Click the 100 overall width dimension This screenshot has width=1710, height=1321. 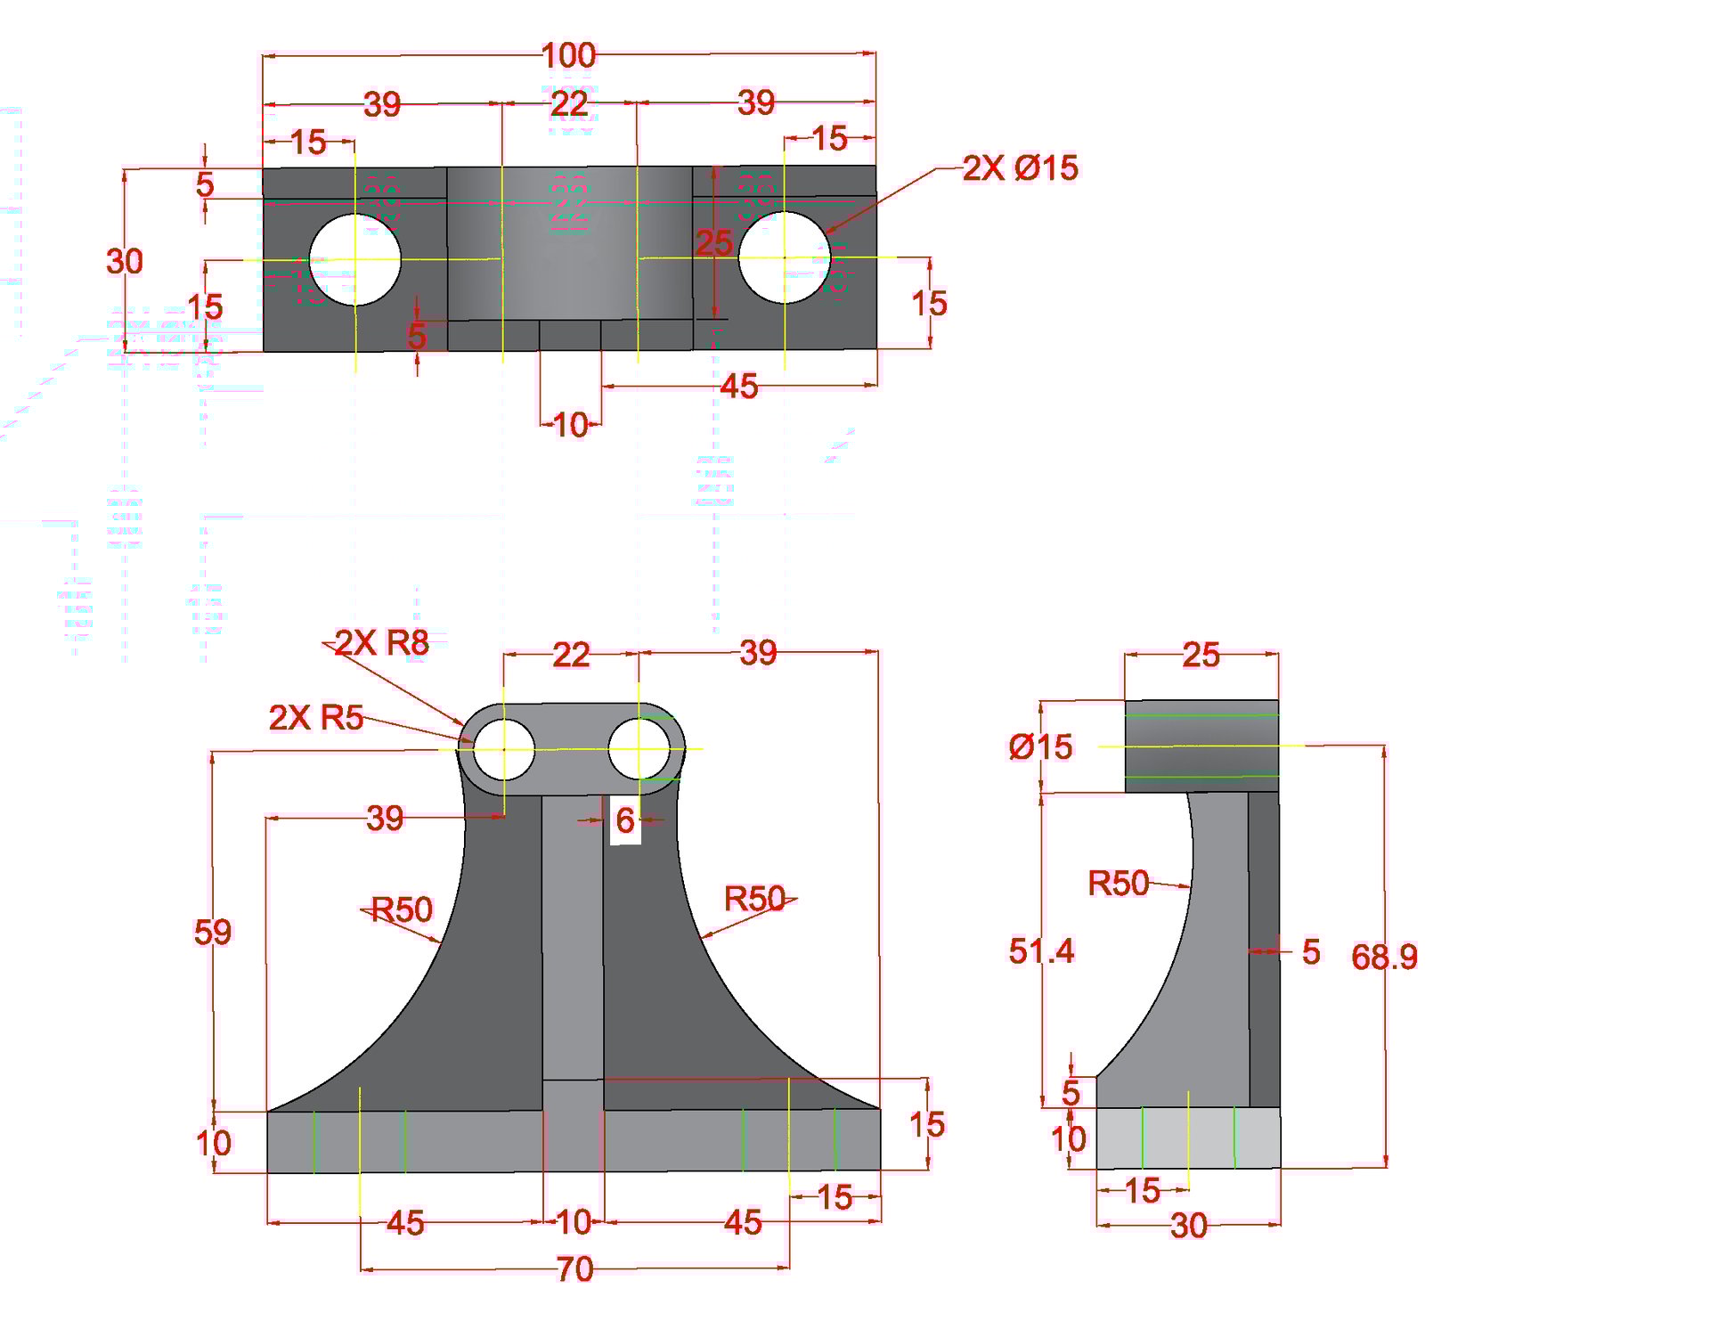coord(569,56)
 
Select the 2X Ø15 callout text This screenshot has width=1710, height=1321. coord(1020,167)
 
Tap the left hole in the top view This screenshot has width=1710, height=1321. coord(354,259)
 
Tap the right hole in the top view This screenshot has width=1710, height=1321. coord(784,257)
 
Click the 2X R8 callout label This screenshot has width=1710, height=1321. coord(381,642)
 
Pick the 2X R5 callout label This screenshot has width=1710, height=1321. coord(316,717)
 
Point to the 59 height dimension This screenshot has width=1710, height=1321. coord(212,932)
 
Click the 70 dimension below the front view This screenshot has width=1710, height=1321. coord(574,1269)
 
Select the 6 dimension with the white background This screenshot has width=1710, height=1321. coord(625,820)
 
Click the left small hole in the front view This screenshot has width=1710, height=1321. coord(503,750)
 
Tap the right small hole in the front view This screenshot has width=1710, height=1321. coord(639,749)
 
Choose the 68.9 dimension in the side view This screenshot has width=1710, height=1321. coord(1384,957)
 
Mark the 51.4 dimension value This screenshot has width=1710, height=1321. coord(1041,950)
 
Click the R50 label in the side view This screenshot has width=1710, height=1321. coord(1119,883)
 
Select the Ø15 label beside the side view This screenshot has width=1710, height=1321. coord(1040,746)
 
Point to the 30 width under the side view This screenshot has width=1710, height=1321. coord(1188,1226)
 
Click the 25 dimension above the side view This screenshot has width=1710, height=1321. coord(1201,656)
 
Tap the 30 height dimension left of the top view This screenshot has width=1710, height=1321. coord(125,262)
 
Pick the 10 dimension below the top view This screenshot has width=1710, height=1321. coord(570,425)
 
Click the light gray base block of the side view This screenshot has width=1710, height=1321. coord(1188,1138)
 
